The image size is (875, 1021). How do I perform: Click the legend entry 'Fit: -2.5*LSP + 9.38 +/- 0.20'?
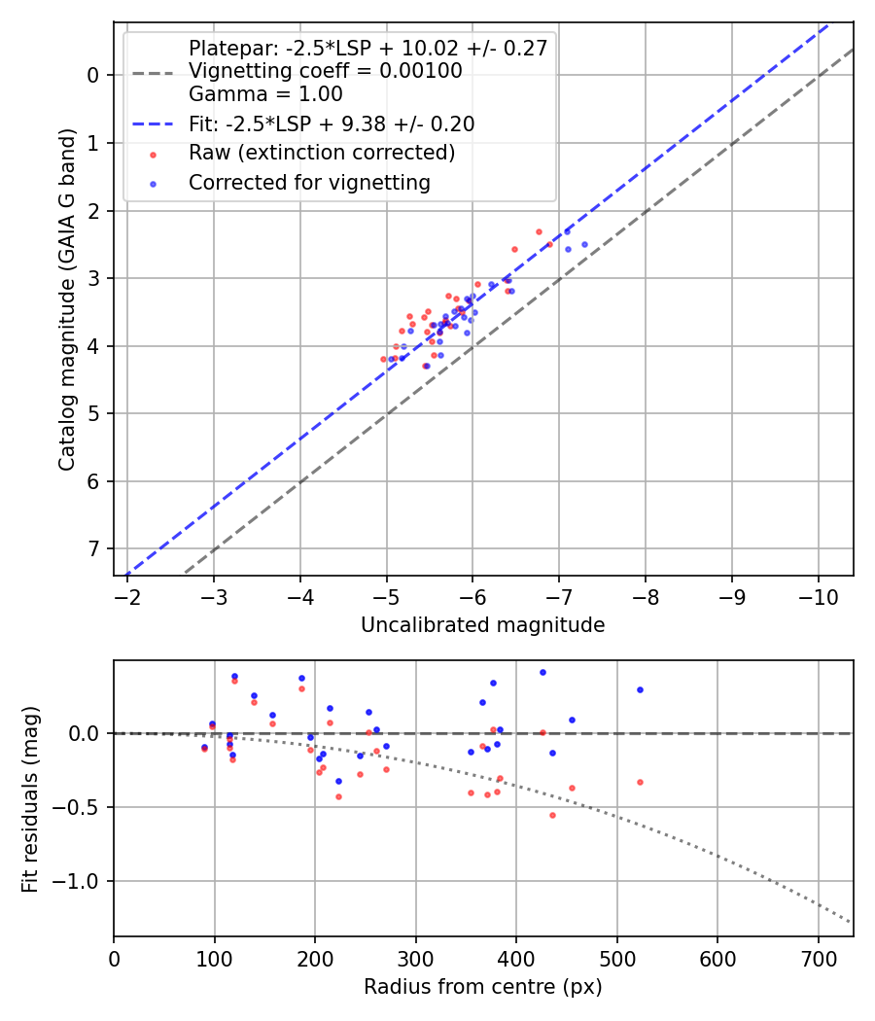coord(331,124)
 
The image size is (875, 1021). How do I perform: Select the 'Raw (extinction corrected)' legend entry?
coord(321,153)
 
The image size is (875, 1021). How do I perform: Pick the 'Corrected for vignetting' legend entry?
coord(309,182)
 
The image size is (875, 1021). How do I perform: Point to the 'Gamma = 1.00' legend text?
coord(265,94)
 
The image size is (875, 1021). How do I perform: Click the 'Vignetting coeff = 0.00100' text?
coord(325,71)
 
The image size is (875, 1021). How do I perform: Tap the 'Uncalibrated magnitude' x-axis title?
coord(482,625)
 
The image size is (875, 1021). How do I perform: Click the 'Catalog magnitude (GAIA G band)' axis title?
coord(66,297)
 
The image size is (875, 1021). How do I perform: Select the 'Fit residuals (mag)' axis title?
coord(30,798)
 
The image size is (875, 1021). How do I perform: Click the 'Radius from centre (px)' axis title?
coord(482,987)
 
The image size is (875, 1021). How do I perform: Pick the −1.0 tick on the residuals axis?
coord(81,882)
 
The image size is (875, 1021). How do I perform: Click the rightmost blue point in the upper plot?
coord(584,244)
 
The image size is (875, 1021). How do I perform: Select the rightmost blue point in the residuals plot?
coord(640,689)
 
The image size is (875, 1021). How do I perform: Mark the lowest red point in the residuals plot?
coord(552,815)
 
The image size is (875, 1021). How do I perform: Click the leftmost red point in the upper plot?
coord(383,359)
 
